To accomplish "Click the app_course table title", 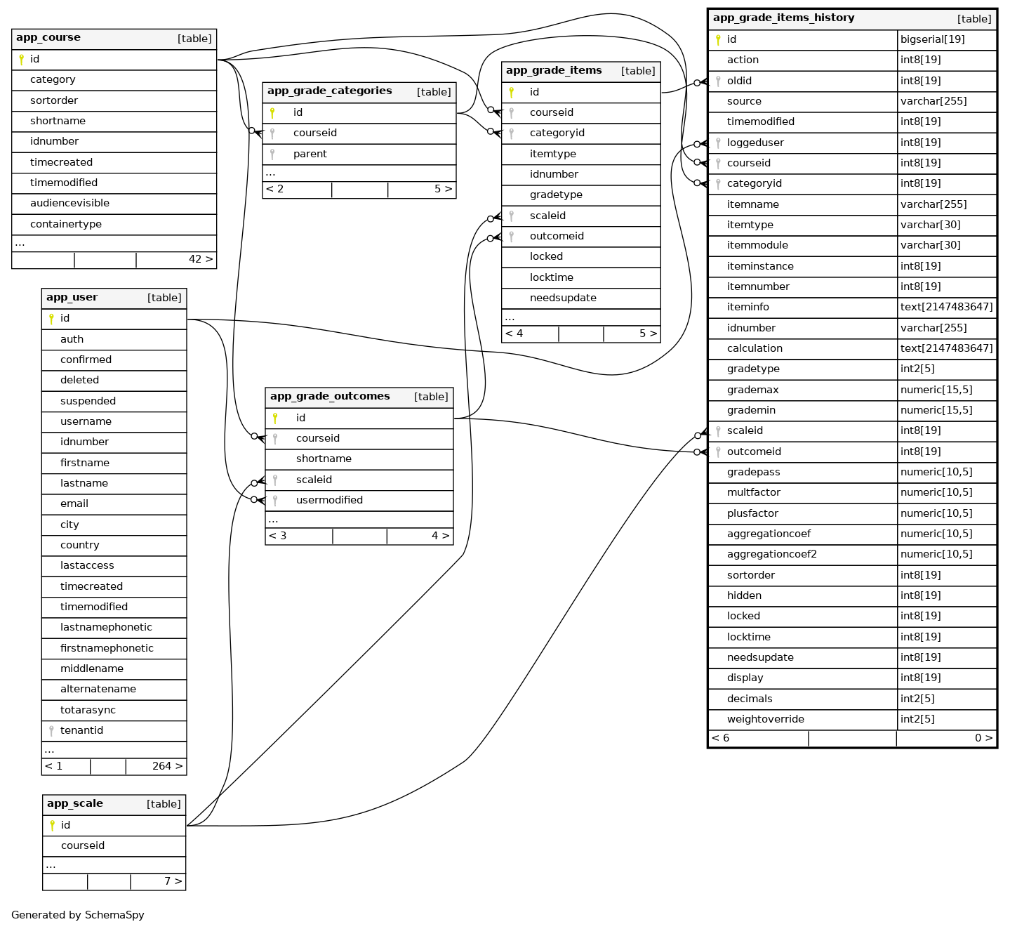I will (x=48, y=38).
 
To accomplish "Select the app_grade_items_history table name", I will (x=783, y=18).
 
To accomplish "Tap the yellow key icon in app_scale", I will (x=52, y=825).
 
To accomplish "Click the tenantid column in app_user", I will (x=81, y=730).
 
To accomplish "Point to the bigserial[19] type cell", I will (x=932, y=39).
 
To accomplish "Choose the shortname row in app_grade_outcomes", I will (x=324, y=459).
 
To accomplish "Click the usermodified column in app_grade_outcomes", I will (x=329, y=500).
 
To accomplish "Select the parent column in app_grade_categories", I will (x=310, y=154).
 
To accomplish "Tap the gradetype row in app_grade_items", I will (x=556, y=195).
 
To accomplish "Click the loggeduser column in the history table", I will (x=755, y=143).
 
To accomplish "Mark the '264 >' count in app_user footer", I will (x=167, y=766).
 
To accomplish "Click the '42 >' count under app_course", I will (x=201, y=259).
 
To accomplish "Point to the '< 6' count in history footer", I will (x=720, y=738).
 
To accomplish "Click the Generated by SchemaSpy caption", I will (x=78, y=915).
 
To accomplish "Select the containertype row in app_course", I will (x=66, y=224).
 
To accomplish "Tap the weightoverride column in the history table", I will (x=765, y=719).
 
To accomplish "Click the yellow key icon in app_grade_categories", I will (x=272, y=112).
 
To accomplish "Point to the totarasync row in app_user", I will (x=88, y=710).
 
